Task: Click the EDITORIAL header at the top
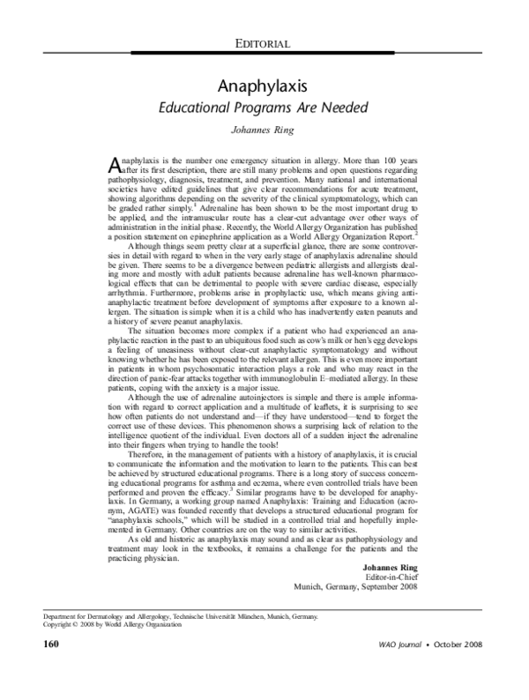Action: click(x=264, y=43)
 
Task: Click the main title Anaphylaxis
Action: click(x=264, y=86)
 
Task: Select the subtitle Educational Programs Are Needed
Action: click(x=264, y=110)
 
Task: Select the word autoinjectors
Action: click(x=238, y=401)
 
